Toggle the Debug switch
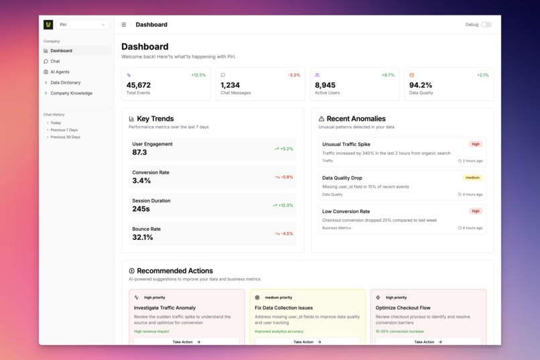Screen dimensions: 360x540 click(486, 25)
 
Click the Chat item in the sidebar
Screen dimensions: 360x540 click(55, 61)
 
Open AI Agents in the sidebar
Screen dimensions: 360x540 click(60, 72)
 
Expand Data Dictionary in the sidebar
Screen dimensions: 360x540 click(65, 82)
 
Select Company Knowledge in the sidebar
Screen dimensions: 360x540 click(71, 93)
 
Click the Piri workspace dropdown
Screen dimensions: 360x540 click(82, 25)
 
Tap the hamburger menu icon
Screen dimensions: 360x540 click(123, 25)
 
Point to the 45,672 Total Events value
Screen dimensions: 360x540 click(139, 85)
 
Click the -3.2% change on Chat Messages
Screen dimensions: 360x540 click(293, 75)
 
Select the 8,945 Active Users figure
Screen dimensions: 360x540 click(325, 85)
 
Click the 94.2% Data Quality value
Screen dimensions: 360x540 click(421, 85)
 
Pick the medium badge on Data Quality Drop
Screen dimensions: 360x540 click(472, 178)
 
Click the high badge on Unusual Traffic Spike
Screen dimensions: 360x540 click(476, 144)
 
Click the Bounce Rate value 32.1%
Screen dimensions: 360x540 click(143, 237)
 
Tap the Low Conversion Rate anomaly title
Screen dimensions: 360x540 click(346, 211)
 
